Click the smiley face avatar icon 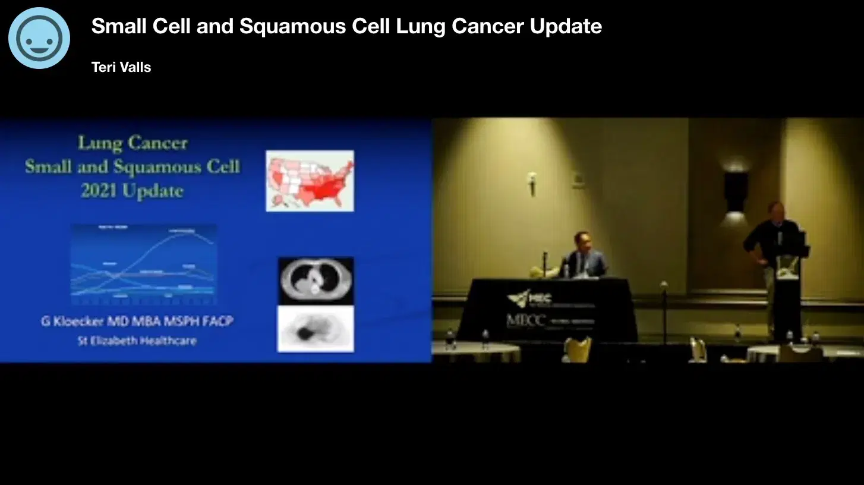(39, 38)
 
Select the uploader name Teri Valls (121, 67)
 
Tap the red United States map (310, 181)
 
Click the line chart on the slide (143, 263)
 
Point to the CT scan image (316, 281)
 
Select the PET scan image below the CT (316, 329)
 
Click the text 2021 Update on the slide (132, 191)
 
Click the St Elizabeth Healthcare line (137, 341)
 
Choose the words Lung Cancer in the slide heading (133, 143)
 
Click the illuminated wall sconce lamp (736, 190)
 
